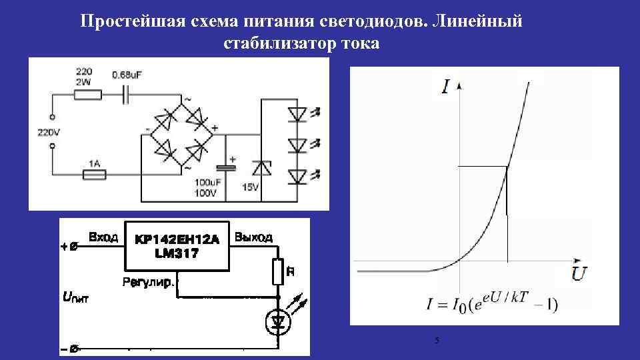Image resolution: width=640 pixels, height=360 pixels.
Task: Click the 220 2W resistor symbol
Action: pyautogui.click(x=88, y=95)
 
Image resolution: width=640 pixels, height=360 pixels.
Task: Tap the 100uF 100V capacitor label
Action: pyautogui.click(x=206, y=187)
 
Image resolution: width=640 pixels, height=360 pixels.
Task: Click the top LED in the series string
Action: pyautogui.click(x=297, y=114)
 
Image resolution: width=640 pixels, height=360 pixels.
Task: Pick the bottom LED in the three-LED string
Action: pyautogui.click(x=297, y=176)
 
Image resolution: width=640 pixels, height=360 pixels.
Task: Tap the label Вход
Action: pyautogui.click(x=103, y=237)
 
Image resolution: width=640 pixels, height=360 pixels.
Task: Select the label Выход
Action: pyautogui.click(x=254, y=237)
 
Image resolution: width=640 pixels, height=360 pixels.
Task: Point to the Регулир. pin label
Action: pyautogui.click(x=148, y=283)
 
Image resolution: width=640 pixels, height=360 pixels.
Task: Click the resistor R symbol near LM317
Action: pyautogui.click(x=277, y=271)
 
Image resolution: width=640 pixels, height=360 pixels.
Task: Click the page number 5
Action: pyautogui.click(x=436, y=341)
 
